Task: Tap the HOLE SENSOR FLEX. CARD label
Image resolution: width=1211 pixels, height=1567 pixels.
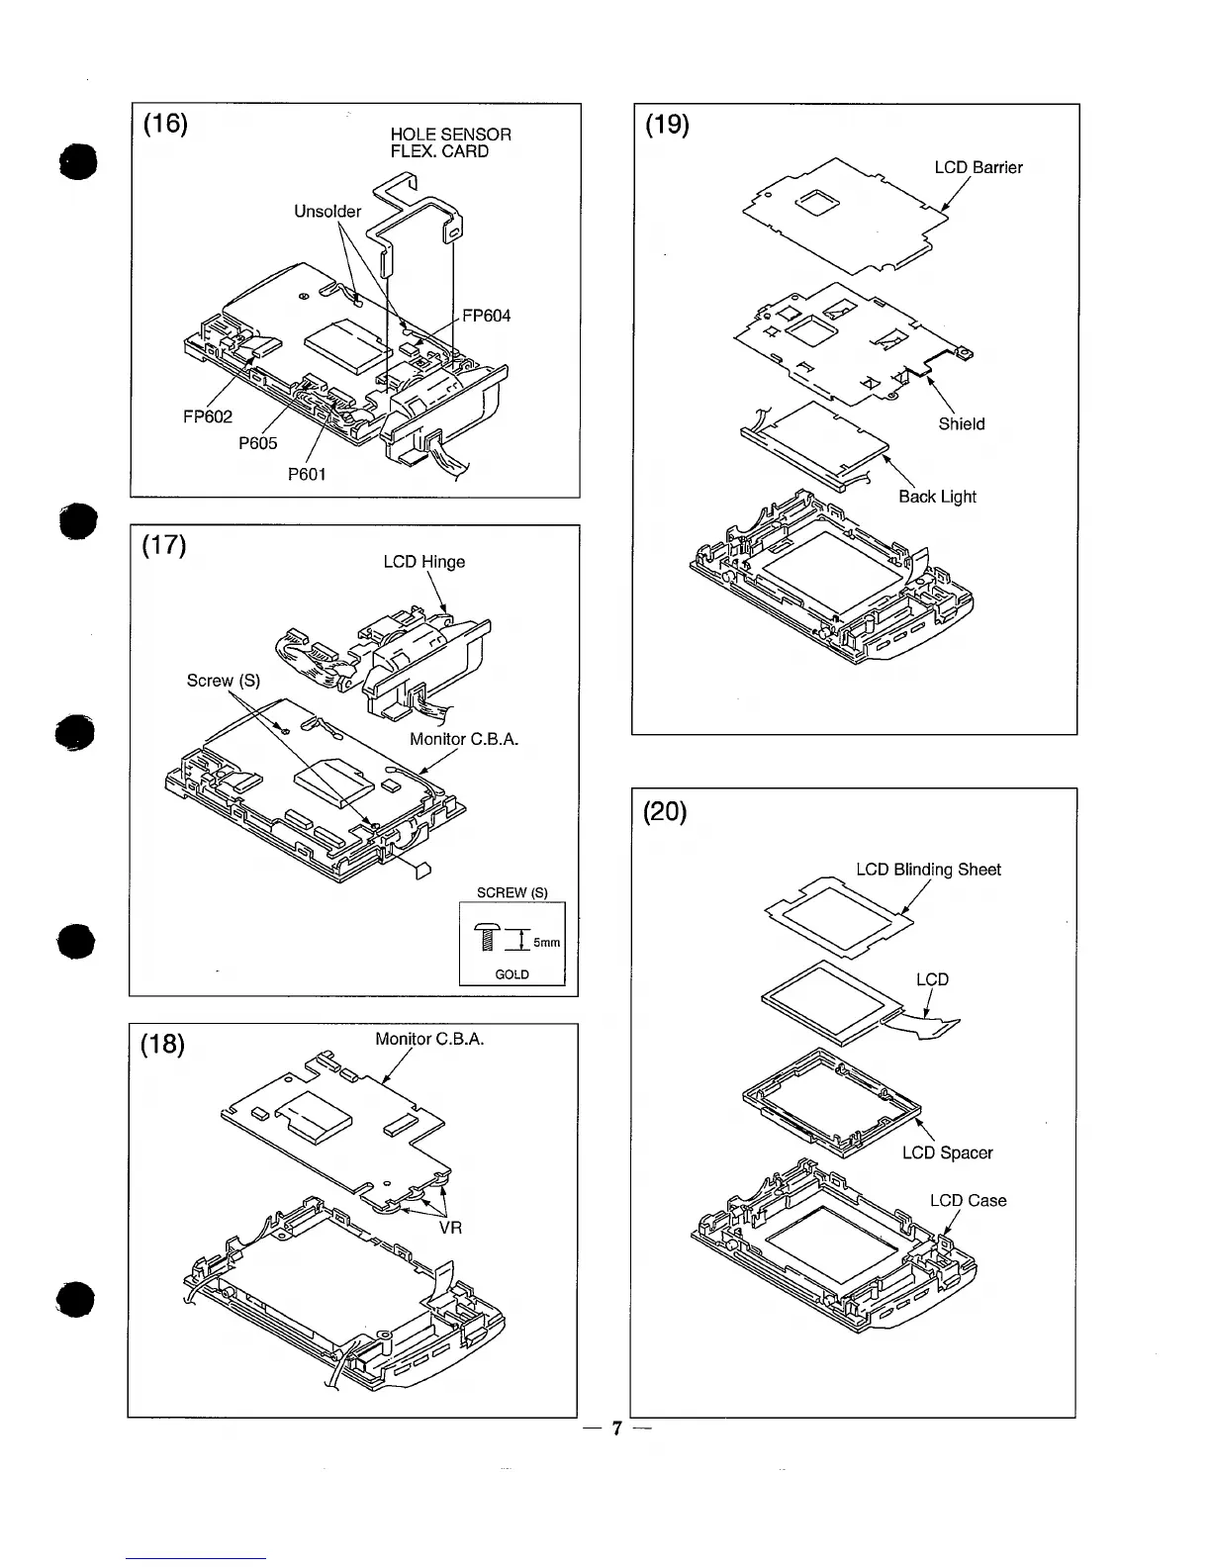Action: click(450, 142)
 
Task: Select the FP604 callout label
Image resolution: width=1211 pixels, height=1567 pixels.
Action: click(487, 316)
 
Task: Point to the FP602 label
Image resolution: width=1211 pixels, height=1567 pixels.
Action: click(208, 416)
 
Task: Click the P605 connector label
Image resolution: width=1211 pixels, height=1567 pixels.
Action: click(258, 443)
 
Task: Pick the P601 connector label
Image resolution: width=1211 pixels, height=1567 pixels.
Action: click(307, 474)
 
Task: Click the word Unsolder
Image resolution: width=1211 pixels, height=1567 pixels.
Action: click(327, 211)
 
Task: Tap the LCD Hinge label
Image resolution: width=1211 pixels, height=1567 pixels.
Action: click(423, 562)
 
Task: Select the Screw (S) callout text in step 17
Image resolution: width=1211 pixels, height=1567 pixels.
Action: click(224, 680)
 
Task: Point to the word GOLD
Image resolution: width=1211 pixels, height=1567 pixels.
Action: click(512, 974)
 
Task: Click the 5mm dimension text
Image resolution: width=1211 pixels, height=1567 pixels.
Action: click(547, 943)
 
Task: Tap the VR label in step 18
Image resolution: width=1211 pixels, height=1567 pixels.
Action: click(450, 1228)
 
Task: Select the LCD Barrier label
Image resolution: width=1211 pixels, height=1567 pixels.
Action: click(978, 167)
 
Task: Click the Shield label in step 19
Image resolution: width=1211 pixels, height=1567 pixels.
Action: click(961, 423)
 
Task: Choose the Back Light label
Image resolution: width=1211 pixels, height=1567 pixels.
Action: click(937, 497)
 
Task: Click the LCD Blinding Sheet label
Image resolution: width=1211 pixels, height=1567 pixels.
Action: click(928, 870)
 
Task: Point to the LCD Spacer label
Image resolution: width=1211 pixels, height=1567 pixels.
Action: click(947, 1152)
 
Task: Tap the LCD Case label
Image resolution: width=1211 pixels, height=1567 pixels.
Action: click(968, 1200)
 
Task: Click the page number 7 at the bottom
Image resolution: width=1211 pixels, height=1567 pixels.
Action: click(615, 1429)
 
